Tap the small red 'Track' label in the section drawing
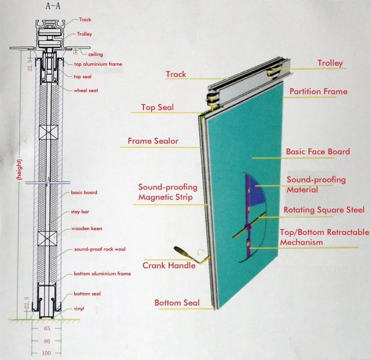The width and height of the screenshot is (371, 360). tap(85, 20)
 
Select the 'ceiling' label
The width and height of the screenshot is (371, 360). tap(95, 54)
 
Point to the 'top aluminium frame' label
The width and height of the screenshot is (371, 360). tap(98, 64)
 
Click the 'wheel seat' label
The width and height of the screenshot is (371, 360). tap(86, 91)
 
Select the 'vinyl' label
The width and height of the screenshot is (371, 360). tap(79, 309)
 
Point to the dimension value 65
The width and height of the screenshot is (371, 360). tap(46, 328)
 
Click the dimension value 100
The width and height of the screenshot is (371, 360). tap(46, 353)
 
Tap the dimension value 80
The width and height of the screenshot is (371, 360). tap(46, 341)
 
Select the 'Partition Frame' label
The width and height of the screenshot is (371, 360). tap(318, 91)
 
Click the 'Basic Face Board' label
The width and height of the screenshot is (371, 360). tap(318, 152)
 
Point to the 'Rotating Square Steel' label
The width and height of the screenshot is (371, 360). tap(324, 210)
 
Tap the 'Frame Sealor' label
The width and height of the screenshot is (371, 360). tap(153, 141)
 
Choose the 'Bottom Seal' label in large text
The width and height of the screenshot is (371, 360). tap(177, 303)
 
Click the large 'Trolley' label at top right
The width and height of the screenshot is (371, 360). tap(329, 63)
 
